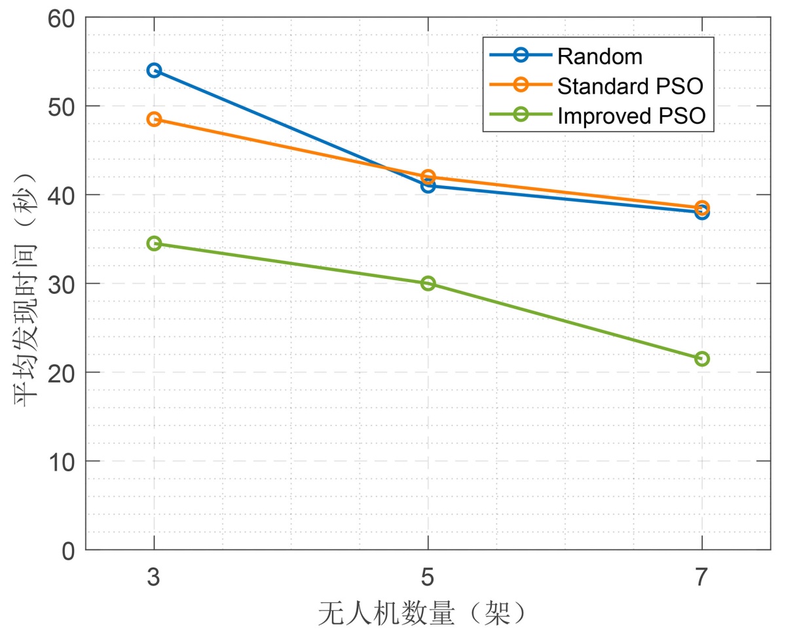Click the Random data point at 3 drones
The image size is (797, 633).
154,70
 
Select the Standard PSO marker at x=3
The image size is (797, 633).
154,119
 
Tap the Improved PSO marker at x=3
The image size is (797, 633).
154,244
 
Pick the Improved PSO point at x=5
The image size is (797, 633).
428,283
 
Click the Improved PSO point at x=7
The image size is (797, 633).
702,359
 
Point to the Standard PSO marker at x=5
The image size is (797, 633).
428,177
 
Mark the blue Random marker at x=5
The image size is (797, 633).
428,186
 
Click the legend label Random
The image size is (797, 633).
599,56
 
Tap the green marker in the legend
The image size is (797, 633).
521,115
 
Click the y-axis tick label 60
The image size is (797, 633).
63,18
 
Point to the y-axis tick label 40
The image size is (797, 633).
63,195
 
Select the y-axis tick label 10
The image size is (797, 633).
63,461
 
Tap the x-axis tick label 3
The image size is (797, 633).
154,577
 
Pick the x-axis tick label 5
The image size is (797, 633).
428,577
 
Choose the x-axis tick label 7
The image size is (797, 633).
702,577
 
